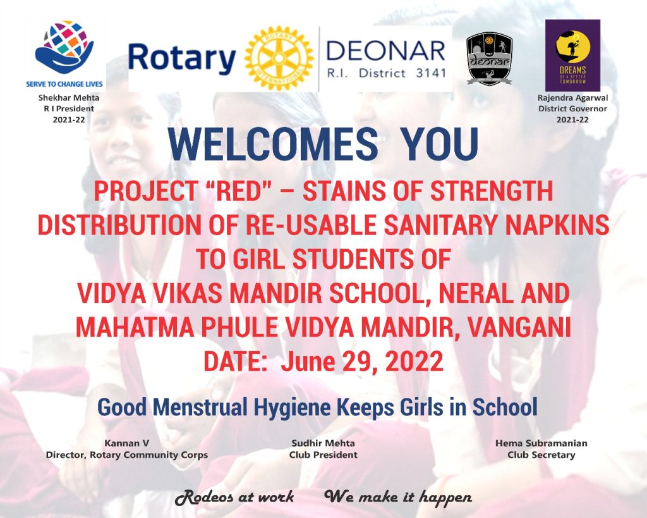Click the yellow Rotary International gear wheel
pos(279,59)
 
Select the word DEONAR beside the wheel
pos(386,51)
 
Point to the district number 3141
pos(431,73)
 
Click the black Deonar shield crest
pos(490,59)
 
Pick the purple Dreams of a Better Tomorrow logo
pos(572,56)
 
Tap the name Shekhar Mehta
pos(69,98)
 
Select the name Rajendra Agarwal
pos(572,98)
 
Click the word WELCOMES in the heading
pos(273,144)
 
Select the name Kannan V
pos(126,443)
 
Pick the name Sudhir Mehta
pos(323,443)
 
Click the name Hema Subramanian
pos(541,443)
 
